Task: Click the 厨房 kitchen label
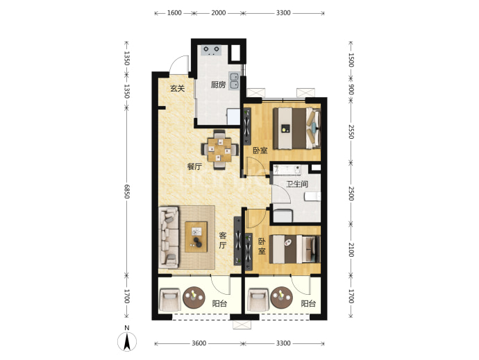[218, 85]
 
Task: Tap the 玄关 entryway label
[178, 89]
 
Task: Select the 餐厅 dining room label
[194, 166]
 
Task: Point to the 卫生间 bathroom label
[296, 184]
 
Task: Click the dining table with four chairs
[219, 150]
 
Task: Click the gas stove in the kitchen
[212, 50]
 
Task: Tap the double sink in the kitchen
[234, 81]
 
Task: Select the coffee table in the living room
[196, 237]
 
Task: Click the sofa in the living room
[168, 237]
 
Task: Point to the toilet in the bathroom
[312, 196]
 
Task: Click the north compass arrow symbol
[127, 341]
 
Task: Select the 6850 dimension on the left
[126, 191]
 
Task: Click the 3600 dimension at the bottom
[199, 343]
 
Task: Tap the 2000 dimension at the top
[219, 12]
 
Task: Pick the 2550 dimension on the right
[351, 132]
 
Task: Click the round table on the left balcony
[194, 297]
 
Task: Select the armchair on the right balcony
[258, 300]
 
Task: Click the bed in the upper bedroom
[296, 128]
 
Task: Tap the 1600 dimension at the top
[174, 12]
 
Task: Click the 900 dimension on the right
[351, 89]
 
